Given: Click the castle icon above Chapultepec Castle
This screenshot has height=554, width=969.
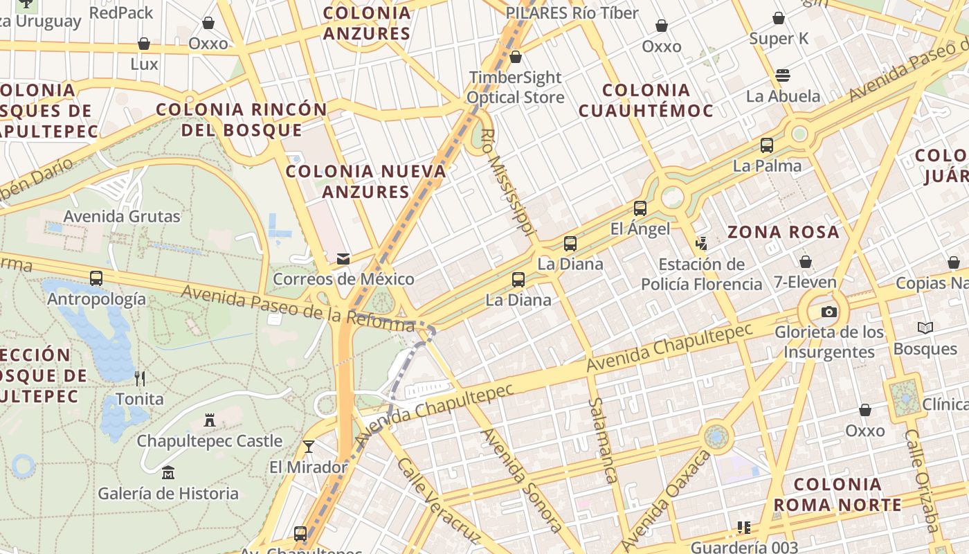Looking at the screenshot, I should [210, 420].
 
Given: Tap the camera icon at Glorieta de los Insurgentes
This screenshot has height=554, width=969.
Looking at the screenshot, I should [828, 312].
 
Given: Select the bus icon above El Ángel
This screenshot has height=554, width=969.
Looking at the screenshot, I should [640, 208].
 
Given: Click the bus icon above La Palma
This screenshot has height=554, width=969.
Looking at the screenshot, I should [767, 145].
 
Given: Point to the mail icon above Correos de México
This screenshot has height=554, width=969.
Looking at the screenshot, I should [343, 259].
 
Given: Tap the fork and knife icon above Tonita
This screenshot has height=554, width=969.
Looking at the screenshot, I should [140, 378].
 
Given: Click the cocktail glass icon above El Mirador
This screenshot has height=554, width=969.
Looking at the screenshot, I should [309, 447].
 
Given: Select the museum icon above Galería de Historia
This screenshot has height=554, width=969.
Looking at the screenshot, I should [167, 473].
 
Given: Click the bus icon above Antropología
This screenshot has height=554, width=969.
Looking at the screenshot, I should [96, 278].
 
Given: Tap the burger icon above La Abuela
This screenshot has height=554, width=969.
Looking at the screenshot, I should [783, 75].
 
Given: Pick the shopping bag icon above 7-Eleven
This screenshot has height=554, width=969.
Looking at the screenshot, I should [805, 262].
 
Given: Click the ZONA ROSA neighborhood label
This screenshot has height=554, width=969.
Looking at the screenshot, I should [783, 232].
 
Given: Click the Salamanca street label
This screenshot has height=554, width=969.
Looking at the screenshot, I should [602, 440].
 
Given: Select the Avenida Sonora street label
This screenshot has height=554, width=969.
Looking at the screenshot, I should [521, 480].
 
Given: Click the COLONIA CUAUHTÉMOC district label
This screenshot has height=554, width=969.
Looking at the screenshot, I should [646, 100].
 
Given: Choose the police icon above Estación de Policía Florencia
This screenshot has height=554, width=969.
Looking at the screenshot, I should [701, 243].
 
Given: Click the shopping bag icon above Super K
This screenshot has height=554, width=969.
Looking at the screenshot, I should [779, 18].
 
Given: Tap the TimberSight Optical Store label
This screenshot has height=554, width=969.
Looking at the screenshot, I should [516, 87].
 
